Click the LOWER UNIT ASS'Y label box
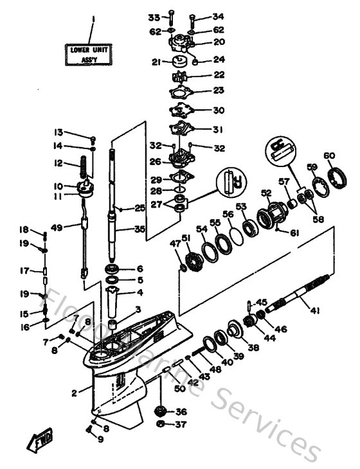pyautogui.click(x=91, y=51)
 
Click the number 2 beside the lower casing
pyautogui.click(x=75, y=393)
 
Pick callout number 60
pyautogui.click(x=329, y=156)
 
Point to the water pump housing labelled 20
pyautogui.click(x=183, y=44)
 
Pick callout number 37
pyautogui.click(x=181, y=425)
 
